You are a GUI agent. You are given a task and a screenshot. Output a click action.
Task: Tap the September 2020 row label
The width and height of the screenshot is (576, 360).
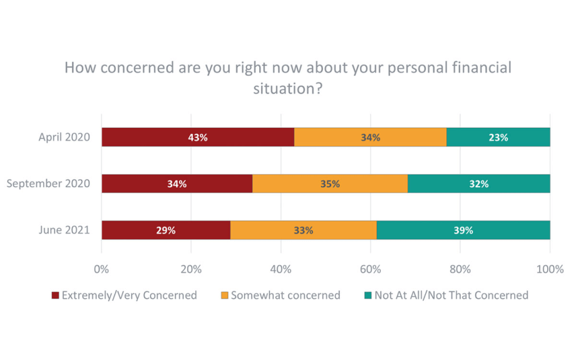click(x=48, y=183)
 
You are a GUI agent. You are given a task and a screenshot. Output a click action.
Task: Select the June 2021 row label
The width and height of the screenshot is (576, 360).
click(x=64, y=230)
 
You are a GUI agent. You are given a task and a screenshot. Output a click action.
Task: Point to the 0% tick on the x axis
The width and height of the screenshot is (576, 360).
click(x=101, y=269)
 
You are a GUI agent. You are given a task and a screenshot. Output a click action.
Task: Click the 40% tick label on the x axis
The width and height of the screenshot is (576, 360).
click(x=280, y=269)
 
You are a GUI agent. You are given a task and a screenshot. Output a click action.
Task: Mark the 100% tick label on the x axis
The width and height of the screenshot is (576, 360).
click(x=550, y=269)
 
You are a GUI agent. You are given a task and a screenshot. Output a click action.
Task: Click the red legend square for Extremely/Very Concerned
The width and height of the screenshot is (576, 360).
click(x=55, y=296)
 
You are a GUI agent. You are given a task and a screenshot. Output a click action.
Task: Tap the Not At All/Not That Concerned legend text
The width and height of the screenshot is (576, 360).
click(x=451, y=296)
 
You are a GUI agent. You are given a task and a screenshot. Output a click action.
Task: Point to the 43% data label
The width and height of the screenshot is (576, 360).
click(x=198, y=138)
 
